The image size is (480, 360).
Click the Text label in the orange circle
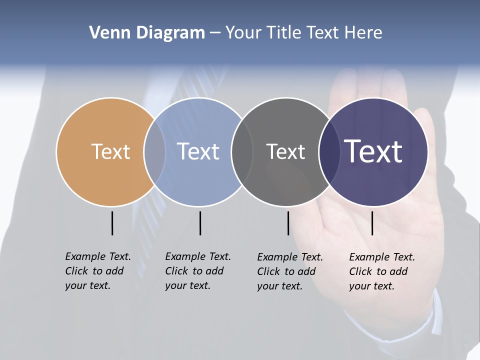coord(110,151)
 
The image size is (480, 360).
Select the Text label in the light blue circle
coord(198,151)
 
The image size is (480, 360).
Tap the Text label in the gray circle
coord(285,151)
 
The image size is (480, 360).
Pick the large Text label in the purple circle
coord(373,151)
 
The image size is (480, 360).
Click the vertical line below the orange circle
coord(112,223)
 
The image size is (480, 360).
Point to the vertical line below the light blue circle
coord(200,223)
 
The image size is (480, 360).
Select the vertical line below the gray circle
coord(288,223)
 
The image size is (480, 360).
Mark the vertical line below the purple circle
coord(372,223)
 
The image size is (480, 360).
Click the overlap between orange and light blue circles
coord(154,151)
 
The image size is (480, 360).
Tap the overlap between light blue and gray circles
coord(242,151)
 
